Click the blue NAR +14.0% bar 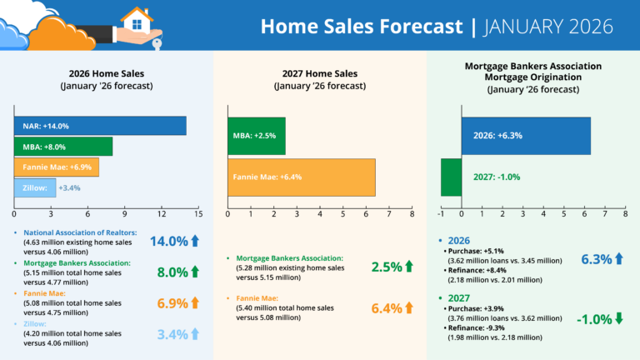99,126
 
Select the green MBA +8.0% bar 62,147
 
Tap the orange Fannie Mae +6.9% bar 56,167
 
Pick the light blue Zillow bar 34,188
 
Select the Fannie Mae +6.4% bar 302,177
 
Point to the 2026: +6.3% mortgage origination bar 526,136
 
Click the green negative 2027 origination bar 451,177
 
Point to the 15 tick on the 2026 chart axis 198,214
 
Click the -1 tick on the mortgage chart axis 441,214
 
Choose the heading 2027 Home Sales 319,72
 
